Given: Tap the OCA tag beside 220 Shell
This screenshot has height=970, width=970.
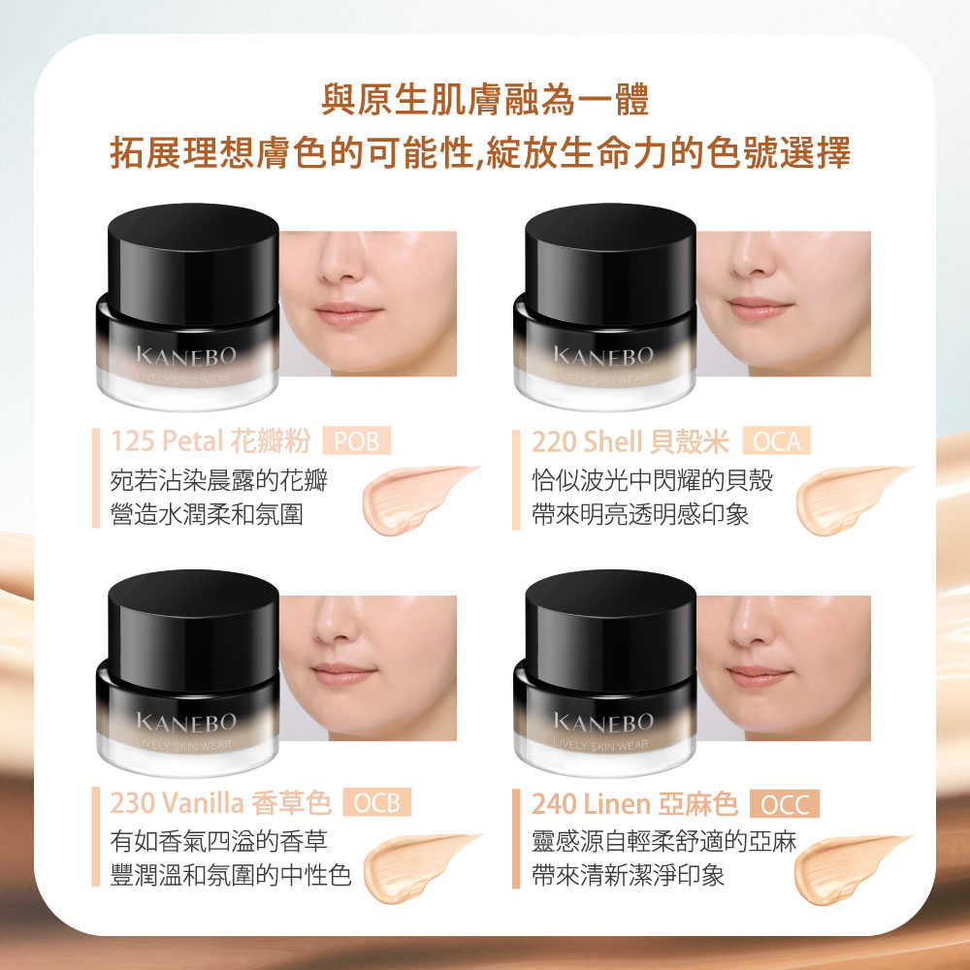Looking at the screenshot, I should tap(776, 442).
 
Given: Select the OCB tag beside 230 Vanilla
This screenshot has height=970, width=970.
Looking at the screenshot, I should tap(376, 804).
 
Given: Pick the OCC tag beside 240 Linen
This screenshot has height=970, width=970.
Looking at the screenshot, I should tap(785, 804).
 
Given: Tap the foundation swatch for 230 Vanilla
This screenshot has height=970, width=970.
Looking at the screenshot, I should tap(419, 859).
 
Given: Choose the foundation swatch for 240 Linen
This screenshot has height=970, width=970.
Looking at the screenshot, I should tap(846, 861).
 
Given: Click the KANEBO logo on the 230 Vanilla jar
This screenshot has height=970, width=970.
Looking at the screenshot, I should tap(186, 724).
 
